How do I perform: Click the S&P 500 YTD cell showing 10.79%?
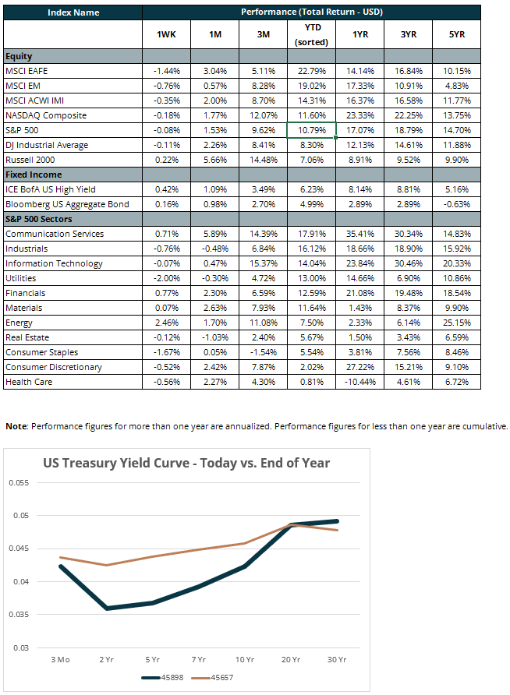312,130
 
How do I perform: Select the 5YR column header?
457,34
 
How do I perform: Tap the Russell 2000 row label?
30,160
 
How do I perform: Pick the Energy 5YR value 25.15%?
457,323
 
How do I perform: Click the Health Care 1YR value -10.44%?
360,382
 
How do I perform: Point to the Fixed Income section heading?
34,175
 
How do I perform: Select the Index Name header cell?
73,12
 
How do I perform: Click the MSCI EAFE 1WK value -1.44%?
167,71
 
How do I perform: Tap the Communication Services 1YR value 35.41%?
360,234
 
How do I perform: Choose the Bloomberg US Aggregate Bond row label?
67,204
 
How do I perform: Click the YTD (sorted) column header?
312,34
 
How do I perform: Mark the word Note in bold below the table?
16,426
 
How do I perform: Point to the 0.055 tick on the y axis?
19,483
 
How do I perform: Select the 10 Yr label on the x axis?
244,659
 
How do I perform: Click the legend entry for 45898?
162,678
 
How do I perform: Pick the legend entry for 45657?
212,678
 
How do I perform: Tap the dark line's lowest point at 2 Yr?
107,608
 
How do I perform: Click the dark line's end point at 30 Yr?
337,521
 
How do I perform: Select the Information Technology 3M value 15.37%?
264,263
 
